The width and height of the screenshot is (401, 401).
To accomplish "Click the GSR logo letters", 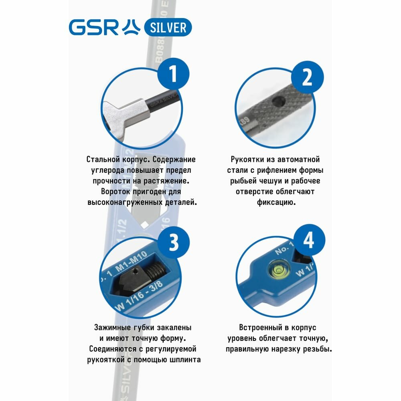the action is [93, 27].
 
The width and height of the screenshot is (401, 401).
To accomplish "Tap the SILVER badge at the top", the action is [168, 27].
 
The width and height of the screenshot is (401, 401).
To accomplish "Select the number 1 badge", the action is [173, 74].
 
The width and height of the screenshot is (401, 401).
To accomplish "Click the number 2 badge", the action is [307, 77].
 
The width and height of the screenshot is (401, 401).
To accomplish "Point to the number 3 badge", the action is [174, 242].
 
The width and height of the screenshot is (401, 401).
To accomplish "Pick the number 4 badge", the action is [309, 240].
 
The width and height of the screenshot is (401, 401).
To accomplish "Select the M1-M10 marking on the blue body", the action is [131, 261].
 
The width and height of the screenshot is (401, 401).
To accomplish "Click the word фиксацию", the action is [276, 203].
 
